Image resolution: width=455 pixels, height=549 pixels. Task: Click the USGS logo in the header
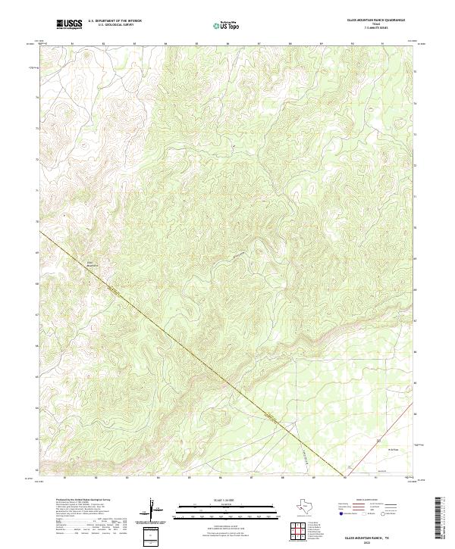[x=70, y=23]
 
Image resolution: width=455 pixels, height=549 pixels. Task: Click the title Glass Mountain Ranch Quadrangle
[x=376, y=20]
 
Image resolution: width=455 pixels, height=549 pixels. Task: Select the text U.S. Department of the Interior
[x=115, y=21]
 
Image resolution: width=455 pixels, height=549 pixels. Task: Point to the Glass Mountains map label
[x=93, y=265]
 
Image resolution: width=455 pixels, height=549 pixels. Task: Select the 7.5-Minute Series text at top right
[x=376, y=28]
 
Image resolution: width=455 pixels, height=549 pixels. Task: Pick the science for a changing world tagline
[x=70, y=28]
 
